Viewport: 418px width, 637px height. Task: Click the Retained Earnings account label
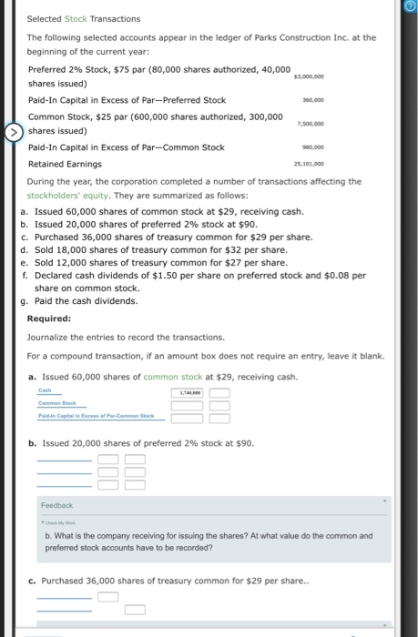(65, 165)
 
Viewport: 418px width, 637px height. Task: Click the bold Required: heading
(49, 318)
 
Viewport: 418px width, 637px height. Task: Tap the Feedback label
(56, 504)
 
